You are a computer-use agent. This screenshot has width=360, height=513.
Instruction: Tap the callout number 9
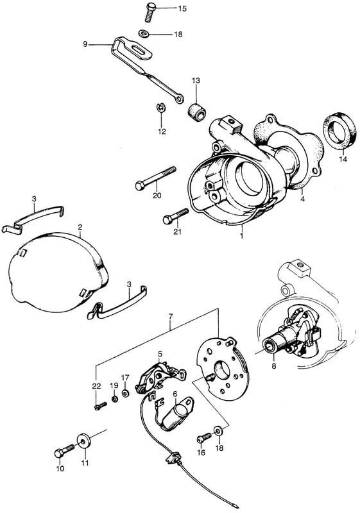pos(85,44)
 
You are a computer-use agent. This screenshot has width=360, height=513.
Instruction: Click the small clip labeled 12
pos(161,108)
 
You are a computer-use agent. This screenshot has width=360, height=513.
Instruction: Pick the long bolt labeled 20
pos(155,178)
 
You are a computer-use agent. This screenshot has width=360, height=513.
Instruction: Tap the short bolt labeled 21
pos(176,216)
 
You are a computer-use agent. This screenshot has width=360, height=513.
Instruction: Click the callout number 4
pos(302,198)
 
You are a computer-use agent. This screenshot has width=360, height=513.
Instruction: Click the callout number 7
pos(170,317)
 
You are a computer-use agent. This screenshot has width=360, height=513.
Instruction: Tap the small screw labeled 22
pos(100,406)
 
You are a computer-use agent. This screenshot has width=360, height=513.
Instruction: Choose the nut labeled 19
pos(115,399)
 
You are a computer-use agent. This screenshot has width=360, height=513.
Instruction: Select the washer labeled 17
pos(125,393)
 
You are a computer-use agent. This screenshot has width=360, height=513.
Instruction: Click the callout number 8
pos(274,366)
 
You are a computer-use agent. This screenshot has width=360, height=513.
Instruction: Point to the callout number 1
pos(241,235)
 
